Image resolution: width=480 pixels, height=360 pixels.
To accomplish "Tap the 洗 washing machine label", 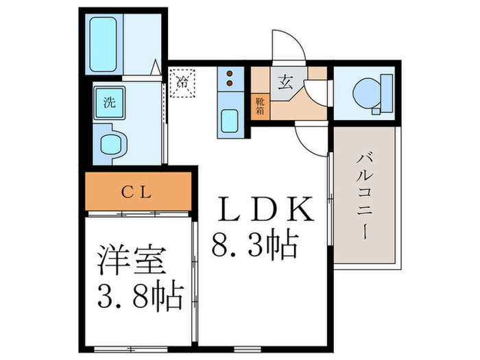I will [108, 104].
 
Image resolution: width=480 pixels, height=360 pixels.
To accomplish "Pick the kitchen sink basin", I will [228, 123].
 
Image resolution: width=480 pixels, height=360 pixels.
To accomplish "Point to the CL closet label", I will [137, 193].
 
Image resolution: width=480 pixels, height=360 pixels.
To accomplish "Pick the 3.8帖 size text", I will [137, 298].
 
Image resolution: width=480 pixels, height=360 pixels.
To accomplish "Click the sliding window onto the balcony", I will [330, 206].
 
